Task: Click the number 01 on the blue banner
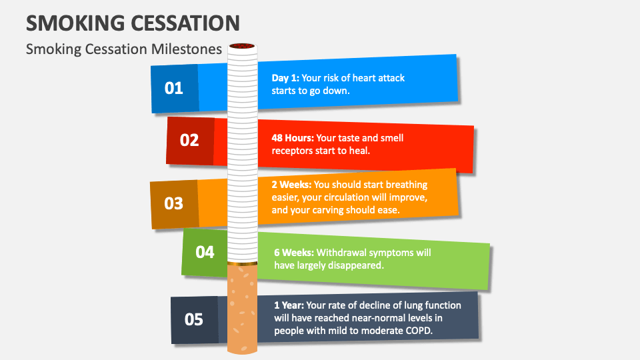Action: click(173, 88)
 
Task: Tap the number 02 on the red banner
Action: click(189, 141)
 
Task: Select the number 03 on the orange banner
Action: click(173, 203)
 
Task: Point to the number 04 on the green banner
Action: click(205, 252)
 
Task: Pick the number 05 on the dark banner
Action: click(193, 319)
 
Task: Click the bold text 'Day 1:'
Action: click(285, 79)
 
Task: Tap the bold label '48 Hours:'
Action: click(293, 138)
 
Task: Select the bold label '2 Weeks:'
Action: click(291, 185)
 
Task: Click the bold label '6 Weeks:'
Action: click(294, 253)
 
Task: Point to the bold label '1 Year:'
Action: click(289, 305)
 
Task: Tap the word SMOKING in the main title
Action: click(75, 23)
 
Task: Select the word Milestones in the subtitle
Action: click(187, 49)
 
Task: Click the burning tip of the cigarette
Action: click(242, 46)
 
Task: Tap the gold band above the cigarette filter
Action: click(243, 264)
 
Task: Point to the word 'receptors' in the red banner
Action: click(291, 151)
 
